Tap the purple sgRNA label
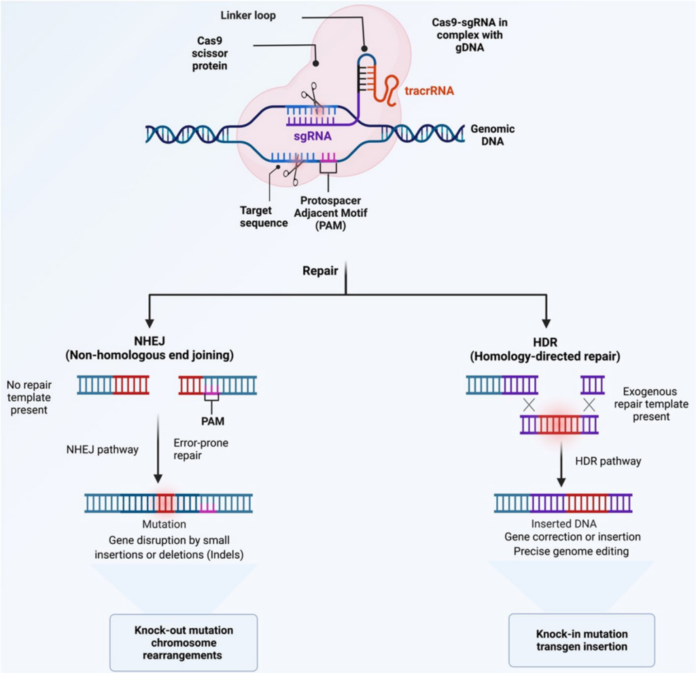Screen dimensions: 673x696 [x=312, y=135]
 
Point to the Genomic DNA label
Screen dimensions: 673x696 [x=493, y=135]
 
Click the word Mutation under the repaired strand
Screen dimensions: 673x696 [x=164, y=525]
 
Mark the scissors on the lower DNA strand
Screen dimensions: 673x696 [x=292, y=169]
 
